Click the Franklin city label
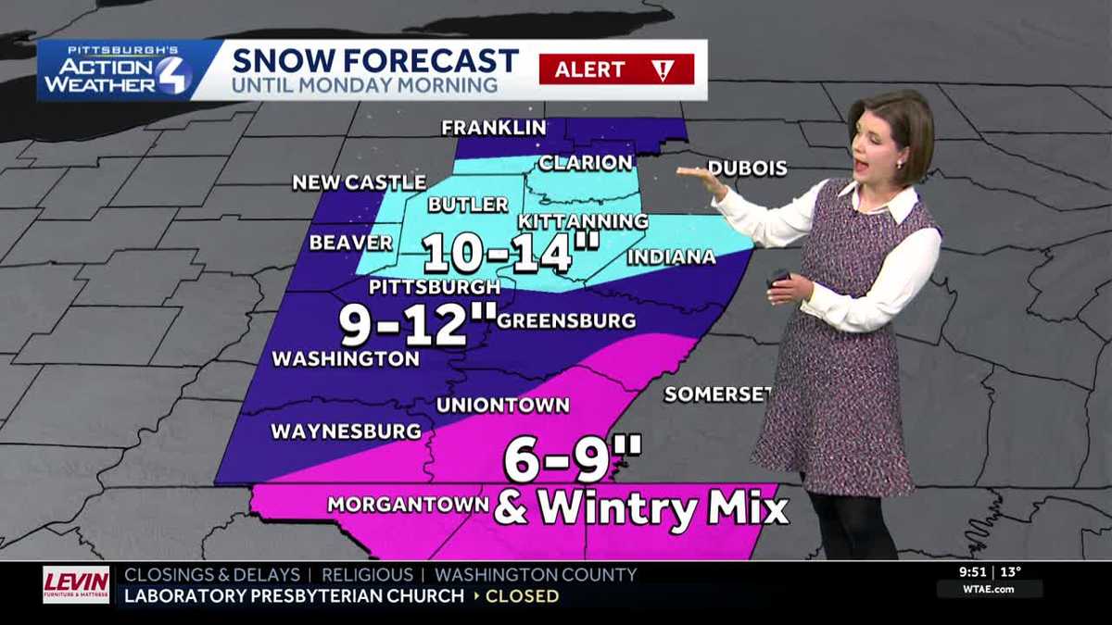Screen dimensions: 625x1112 pos(492,128)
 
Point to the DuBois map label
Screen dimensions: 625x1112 pos(747,169)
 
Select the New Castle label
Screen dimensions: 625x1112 pos(359,182)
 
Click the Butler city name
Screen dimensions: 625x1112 pos(468,205)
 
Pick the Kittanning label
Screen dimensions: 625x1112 pos(582,221)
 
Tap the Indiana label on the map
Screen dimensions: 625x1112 pos(671,256)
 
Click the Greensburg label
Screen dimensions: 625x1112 pos(566,321)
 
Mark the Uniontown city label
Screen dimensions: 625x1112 pos(502,405)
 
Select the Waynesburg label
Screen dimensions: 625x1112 pos(346,431)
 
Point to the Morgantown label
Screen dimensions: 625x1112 pos(408,505)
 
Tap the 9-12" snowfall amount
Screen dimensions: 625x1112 pos(417,324)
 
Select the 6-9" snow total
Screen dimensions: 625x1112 pos(572,458)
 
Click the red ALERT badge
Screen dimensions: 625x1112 pos(616,69)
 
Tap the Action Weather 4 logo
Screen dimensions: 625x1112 pos(116,71)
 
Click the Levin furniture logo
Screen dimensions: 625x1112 pos(76,585)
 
